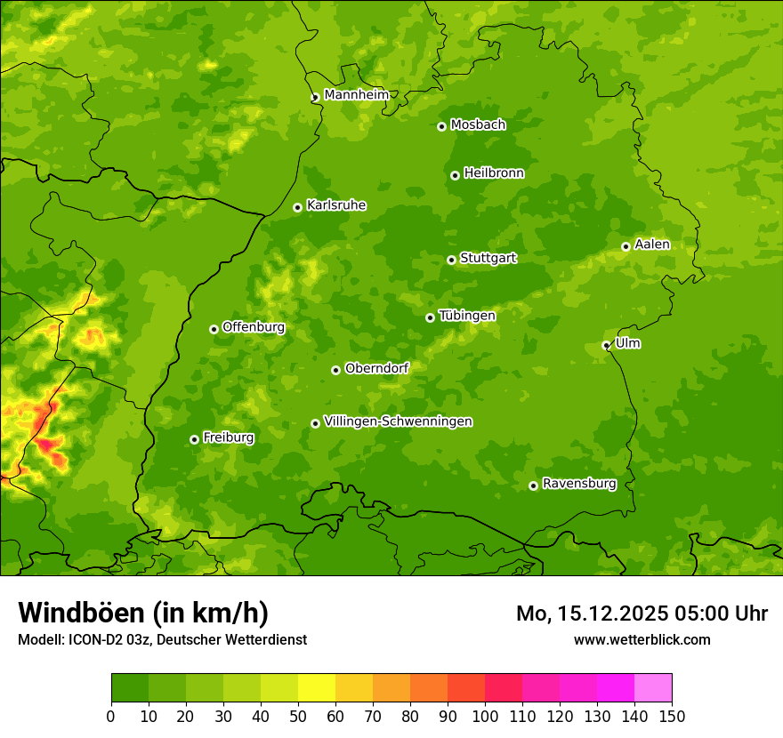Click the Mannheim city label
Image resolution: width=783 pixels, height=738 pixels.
pyautogui.click(x=356, y=95)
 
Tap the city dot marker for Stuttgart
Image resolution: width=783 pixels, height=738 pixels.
pyautogui.click(x=451, y=260)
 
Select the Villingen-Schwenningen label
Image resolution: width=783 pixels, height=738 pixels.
pyautogui.click(x=398, y=421)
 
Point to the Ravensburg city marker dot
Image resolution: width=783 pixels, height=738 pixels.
pyautogui.click(x=533, y=485)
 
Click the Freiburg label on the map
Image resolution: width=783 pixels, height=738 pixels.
pyautogui.click(x=228, y=437)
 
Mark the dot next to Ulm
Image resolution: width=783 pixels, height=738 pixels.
pyautogui.click(x=606, y=345)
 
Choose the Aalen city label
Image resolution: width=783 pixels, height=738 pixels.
pyautogui.click(x=652, y=245)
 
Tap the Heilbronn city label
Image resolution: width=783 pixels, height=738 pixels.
pyautogui.click(x=494, y=173)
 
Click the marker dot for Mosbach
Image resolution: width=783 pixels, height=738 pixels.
pyautogui.click(x=441, y=126)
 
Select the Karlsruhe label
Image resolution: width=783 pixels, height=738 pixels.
pyautogui.click(x=335, y=205)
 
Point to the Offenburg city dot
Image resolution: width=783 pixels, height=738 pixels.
pyautogui.click(x=214, y=329)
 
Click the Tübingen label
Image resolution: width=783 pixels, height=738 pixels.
pyautogui.click(x=467, y=316)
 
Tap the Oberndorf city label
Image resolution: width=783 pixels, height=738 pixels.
pyautogui.click(x=376, y=368)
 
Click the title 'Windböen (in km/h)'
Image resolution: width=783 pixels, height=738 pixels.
pyautogui.click(x=142, y=613)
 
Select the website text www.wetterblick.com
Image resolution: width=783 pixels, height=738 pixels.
pyautogui.click(x=642, y=639)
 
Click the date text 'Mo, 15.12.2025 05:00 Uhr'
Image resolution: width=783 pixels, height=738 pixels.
pyautogui.click(x=642, y=614)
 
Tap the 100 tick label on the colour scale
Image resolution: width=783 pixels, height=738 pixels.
pyautogui.click(x=485, y=716)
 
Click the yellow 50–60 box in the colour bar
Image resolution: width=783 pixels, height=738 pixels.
pyautogui.click(x=317, y=688)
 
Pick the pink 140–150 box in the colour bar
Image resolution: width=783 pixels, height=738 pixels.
pyautogui.click(x=653, y=688)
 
